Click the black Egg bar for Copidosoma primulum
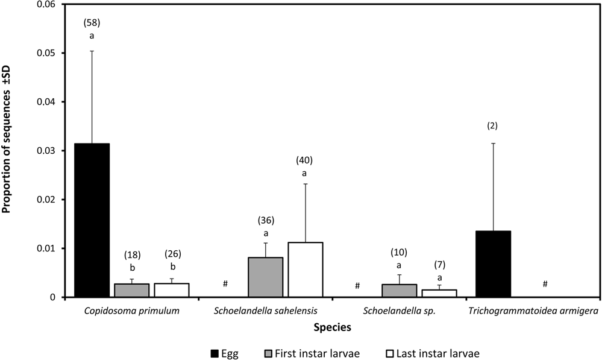[92, 220]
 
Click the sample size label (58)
[92, 22]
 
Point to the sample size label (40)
[304, 160]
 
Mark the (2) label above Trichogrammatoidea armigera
[493, 125]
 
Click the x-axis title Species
[332, 327]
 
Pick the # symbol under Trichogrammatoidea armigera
[545, 284]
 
